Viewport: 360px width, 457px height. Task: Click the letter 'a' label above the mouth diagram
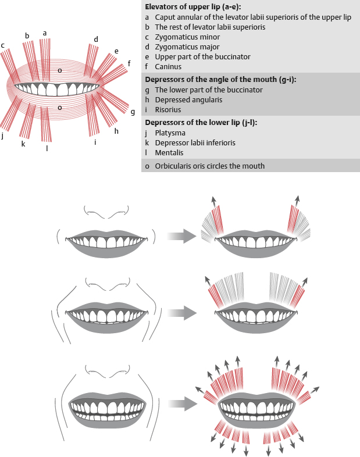pyautogui.click(x=45, y=33)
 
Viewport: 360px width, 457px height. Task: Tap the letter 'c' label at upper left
pyautogui.click(x=3, y=45)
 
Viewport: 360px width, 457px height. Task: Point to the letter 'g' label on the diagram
pyautogui.click(x=133, y=111)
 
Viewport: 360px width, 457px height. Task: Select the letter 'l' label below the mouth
pyautogui.click(x=47, y=148)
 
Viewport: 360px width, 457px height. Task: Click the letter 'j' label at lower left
pyautogui.click(x=3, y=135)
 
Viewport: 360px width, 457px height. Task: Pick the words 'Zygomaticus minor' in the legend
pyautogui.click(x=184, y=37)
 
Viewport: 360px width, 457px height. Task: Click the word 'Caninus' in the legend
pyautogui.click(x=169, y=67)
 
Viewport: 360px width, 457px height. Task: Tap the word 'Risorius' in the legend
pyautogui.click(x=167, y=109)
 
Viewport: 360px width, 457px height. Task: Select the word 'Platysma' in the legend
pyautogui.click(x=170, y=133)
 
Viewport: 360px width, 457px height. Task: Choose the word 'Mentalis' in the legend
pyautogui.click(x=169, y=152)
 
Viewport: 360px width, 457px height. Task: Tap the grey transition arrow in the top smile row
pyautogui.click(x=180, y=236)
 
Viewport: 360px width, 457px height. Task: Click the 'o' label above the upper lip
pyautogui.click(x=59, y=70)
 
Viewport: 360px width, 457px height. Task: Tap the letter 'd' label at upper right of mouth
pyautogui.click(x=96, y=39)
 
